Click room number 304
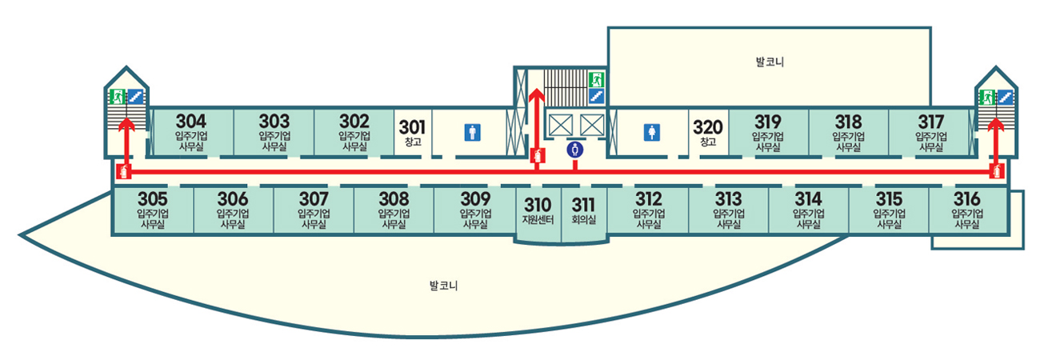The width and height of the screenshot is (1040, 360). tap(191, 122)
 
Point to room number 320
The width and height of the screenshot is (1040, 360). tap(707, 126)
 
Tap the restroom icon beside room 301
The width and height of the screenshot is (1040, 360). tap(472, 134)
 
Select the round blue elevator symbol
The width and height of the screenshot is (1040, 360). tap(574, 150)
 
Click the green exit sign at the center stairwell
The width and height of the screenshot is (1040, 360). tap(595, 79)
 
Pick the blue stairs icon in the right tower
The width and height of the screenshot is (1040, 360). tap(1005, 98)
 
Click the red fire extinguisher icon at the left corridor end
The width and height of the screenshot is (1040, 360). tap(123, 170)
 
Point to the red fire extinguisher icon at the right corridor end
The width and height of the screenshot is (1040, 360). tap(996, 170)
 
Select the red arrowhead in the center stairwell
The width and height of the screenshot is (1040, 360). tap(537, 95)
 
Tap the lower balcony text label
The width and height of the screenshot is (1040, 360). tap(442, 286)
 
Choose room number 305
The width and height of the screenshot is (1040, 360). tap(152, 198)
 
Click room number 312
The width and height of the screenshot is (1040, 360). tap(648, 198)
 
